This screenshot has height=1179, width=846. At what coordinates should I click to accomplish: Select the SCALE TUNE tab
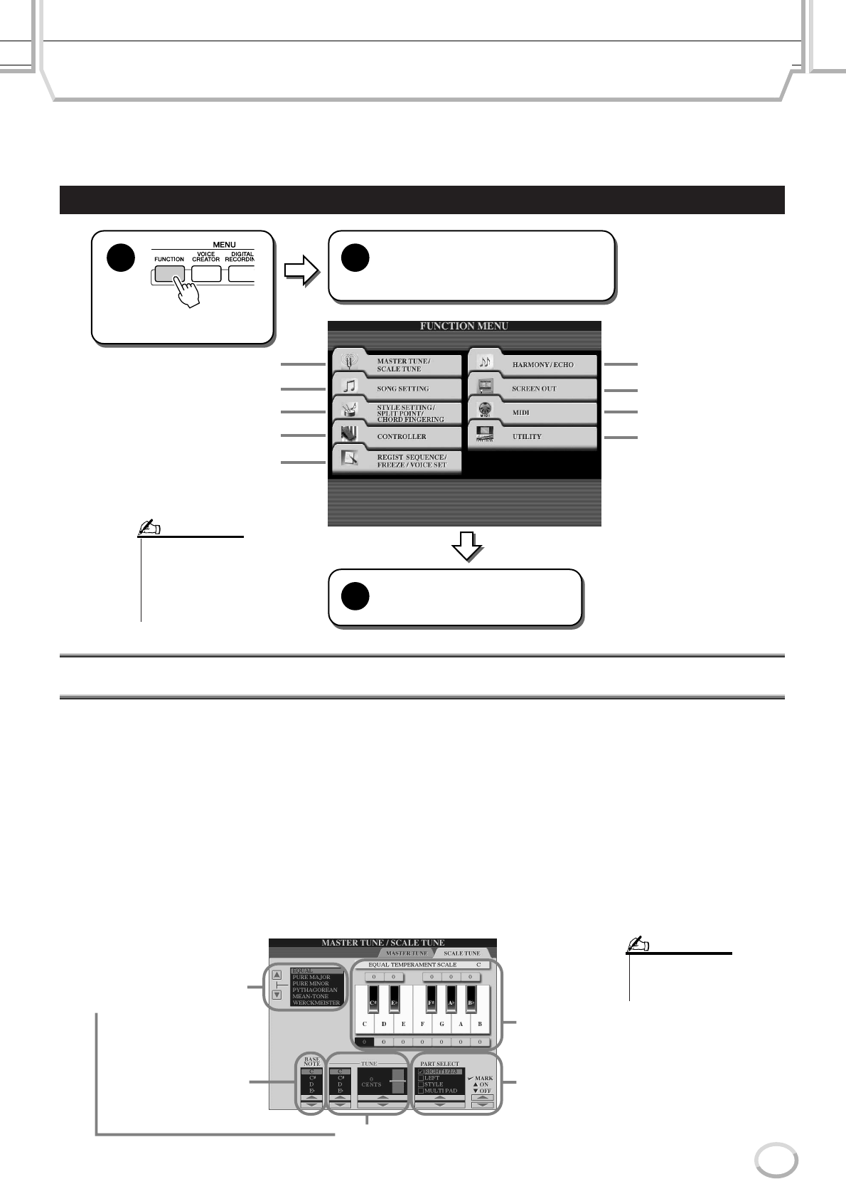[x=462, y=953]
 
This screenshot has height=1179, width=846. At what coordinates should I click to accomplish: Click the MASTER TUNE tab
[x=406, y=953]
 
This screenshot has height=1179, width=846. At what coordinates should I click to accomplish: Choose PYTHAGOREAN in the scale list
[x=315, y=990]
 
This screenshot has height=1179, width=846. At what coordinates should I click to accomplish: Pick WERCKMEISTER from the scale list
[x=316, y=1003]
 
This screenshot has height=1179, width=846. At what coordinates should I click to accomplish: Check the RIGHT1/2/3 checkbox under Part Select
[x=421, y=1071]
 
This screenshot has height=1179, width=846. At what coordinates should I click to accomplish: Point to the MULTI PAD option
[x=440, y=1090]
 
